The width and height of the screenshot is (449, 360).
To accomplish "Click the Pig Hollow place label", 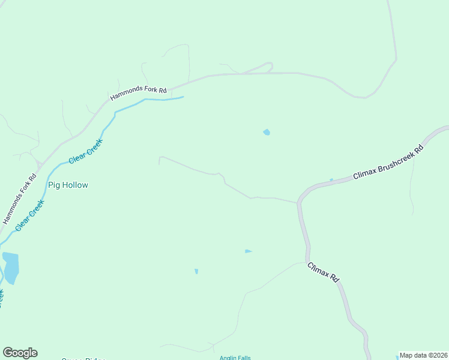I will pyautogui.click(x=68, y=185).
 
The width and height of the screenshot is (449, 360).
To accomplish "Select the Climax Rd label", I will pyautogui.click(x=324, y=273).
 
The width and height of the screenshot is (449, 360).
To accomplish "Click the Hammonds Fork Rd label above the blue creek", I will pyautogui.click(x=137, y=92).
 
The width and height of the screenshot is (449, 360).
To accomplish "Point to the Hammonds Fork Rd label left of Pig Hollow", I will pyautogui.click(x=20, y=199).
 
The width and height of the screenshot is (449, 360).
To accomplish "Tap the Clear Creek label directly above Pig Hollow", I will pyautogui.click(x=86, y=152).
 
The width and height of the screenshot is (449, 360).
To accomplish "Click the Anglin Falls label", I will pyautogui.click(x=235, y=358).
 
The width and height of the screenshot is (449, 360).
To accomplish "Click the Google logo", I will pyautogui.click(x=20, y=353).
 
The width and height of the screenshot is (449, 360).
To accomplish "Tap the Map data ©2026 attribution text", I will pyautogui.click(x=423, y=355).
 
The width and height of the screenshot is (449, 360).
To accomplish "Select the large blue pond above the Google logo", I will pyautogui.click(x=11, y=267).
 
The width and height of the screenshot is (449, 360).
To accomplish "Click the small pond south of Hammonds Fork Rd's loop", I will pyautogui.click(x=266, y=132).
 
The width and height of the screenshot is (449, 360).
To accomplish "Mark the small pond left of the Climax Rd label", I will pyautogui.click(x=248, y=251).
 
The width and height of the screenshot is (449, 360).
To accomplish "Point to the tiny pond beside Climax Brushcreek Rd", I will pyautogui.click(x=331, y=179).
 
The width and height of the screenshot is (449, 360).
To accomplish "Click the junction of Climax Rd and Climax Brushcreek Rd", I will pyautogui.click(x=298, y=202).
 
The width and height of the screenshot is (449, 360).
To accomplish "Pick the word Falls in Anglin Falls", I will pyautogui.click(x=244, y=358).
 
